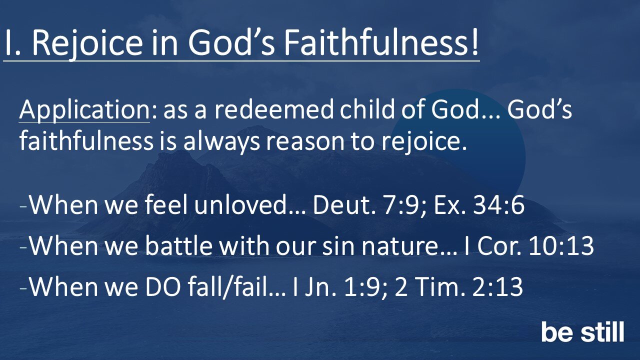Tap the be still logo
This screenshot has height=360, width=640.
pyautogui.click(x=582, y=332)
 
